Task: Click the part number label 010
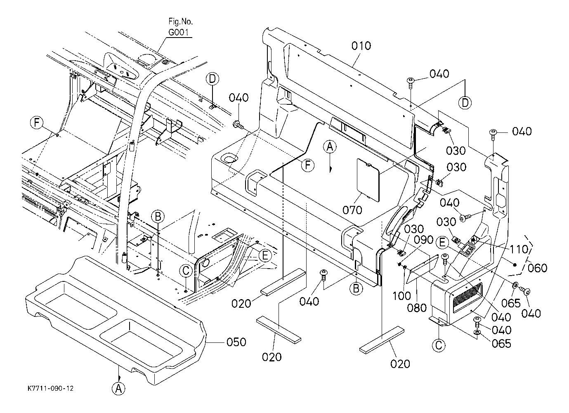click(361, 46)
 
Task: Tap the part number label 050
click(236, 342)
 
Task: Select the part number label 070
click(352, 210)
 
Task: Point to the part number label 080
click(417, 308)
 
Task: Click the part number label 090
click(423, 240)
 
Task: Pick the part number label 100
click(401, 296)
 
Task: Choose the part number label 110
click(519, 250)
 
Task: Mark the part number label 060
click(538, 268)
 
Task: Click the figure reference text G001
click(179, 32)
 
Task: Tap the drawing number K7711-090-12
click(51, 388)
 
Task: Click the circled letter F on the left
click(37, 123)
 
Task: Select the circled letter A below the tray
click(118, 389)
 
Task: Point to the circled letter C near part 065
click(439, 345)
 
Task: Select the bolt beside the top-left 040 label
click(238, 125)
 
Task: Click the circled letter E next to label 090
click(442, 242)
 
